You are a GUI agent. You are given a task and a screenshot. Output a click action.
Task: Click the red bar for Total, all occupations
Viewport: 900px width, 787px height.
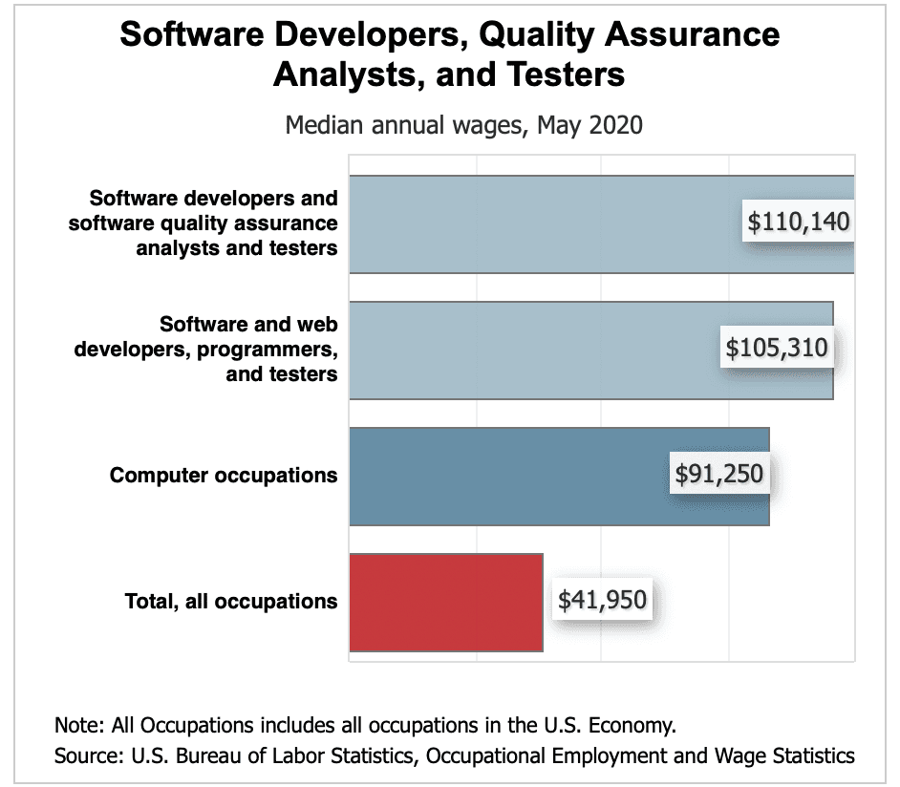446,602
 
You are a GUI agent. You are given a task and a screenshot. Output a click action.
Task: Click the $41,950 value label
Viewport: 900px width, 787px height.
602,601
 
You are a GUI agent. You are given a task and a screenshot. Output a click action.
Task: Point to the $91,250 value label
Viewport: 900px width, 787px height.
719,475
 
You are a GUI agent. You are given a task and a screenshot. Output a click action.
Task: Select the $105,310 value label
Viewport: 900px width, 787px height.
777,349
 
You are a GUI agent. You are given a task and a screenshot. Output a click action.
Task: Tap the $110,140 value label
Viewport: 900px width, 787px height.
799,223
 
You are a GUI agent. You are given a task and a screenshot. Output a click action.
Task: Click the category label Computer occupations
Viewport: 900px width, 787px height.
224,475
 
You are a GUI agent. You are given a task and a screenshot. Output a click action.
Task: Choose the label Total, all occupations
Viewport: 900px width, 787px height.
231,602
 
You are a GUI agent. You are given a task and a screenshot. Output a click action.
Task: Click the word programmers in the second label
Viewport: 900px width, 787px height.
267,350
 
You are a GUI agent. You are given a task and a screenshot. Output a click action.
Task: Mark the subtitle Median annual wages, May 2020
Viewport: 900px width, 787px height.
464,125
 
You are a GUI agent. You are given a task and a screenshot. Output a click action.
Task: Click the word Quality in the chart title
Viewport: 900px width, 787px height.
534,35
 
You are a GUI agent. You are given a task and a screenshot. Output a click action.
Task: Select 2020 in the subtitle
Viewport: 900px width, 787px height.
616,125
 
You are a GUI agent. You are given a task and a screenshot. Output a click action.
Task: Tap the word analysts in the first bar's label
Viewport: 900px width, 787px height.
177,248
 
